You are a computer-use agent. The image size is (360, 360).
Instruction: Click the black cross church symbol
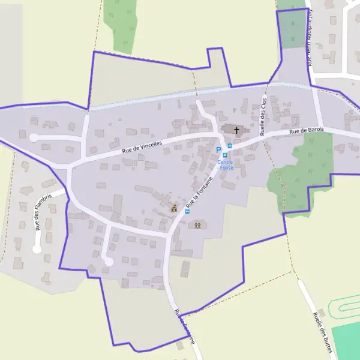tap(236, 130)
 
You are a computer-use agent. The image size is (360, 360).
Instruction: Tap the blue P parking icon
tap(219, 149)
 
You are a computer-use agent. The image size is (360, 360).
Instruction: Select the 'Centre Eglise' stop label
tap(226, 164)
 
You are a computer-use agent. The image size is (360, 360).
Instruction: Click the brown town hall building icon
tap(175, 208)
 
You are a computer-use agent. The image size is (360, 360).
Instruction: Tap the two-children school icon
tap(197, 225)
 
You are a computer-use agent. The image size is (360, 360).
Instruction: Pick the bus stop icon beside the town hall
tap(188, 211)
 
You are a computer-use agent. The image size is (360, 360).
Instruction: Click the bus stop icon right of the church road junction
tap(230, 146)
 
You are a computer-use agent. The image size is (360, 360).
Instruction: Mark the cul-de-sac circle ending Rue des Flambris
tap(37, 249)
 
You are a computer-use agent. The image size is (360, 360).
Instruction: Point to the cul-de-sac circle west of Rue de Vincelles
tap(34, 138)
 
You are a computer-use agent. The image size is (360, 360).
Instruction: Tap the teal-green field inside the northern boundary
tap(293, 29)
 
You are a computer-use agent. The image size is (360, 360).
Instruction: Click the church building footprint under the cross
tap(232, 130)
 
